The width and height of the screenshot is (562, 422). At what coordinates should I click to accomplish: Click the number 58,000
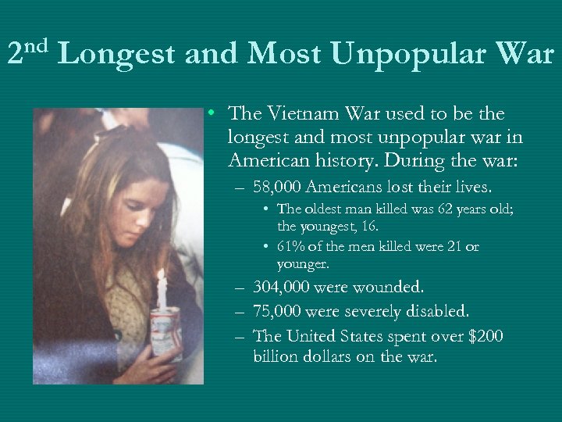pyautogui.click(x=278, y=187)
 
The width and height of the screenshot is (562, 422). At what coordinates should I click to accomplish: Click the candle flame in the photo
pyautogui.click(x=162, y=277)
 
